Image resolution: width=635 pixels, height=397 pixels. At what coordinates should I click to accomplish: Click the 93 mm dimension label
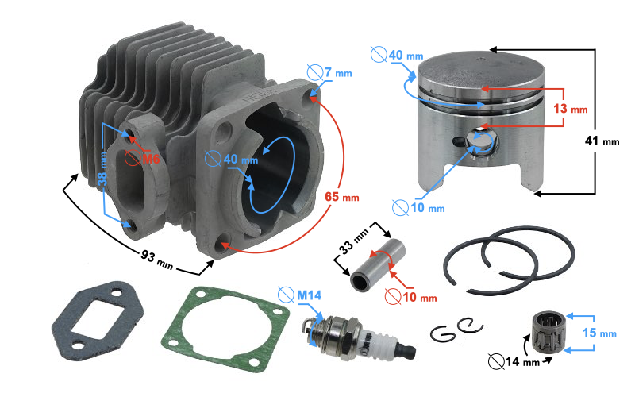157,260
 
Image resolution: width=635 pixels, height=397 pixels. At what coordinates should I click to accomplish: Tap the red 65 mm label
342,197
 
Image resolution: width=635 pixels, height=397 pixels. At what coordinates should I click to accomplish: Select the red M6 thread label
151,158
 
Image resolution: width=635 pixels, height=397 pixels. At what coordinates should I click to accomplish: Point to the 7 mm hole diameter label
338,73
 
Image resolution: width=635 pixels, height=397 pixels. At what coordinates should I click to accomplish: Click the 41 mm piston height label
602,141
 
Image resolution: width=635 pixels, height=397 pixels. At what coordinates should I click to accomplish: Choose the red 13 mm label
570,109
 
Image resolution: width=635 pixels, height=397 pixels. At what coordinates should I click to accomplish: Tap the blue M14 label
309,295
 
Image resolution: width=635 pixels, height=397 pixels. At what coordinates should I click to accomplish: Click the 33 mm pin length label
354,242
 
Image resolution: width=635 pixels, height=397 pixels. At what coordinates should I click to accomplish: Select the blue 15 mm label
599,333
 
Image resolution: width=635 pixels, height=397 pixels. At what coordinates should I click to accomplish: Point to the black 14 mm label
522,361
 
